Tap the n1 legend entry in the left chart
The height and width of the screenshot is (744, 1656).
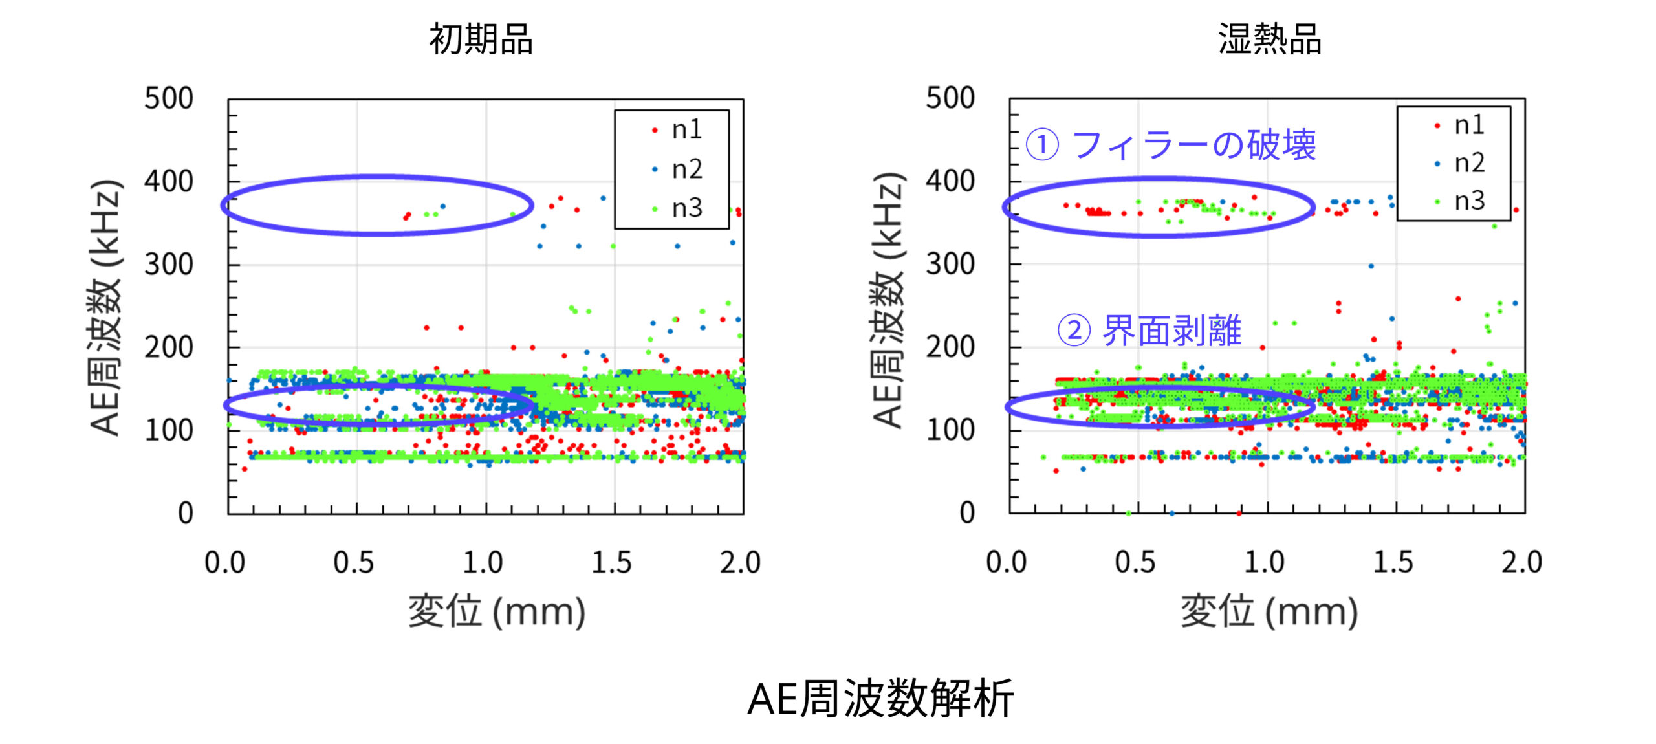coord(686,130)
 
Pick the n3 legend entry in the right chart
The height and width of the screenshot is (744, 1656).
coord(1468,201)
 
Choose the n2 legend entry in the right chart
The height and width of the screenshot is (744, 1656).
coord(1468,163)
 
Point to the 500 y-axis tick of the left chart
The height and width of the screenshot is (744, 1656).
coord(169,99)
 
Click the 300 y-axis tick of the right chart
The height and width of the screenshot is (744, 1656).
coord(950,265)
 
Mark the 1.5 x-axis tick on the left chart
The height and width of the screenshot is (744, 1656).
coord(611,562)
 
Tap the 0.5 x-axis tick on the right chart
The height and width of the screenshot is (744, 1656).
coord(1135,562)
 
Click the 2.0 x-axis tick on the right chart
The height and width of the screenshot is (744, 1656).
coord(1521,562)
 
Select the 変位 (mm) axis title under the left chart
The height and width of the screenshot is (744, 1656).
coord(497,611)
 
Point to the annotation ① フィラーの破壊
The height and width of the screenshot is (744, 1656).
coord(1171,144)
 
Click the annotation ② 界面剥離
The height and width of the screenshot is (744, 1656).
coord(1149,331)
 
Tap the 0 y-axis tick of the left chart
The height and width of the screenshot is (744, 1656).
coord(186,513)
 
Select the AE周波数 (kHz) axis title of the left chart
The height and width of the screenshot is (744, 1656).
coord(105,307)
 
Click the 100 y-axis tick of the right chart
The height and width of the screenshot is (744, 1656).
coord(950,430)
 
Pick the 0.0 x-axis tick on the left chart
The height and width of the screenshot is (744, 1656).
coord(224,562)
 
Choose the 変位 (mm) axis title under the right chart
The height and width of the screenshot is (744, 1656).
coord(1269,611)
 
